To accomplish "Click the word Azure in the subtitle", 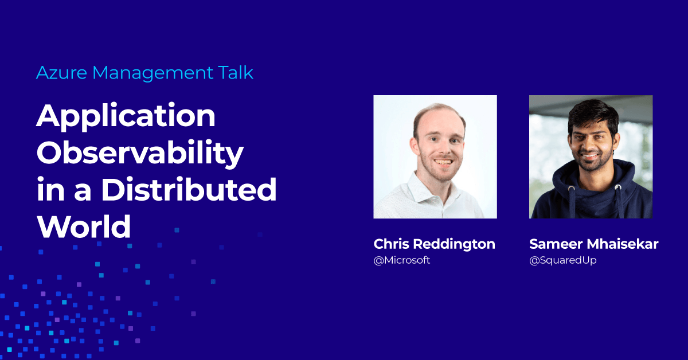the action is (x=61, y=73).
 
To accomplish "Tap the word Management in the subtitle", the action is (x=153, y=73).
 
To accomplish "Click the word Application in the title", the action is (x=126, y=117).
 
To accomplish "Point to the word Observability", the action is (x=140, y=154).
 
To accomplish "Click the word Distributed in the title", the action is (x=189, y=189).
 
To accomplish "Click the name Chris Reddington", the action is (x=435, y=244).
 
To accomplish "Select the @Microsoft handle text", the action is (x=402, y=260).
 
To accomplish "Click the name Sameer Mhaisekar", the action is (x=594, y=244).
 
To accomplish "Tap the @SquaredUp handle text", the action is (x=563, y=260).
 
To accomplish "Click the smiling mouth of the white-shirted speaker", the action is (x=443, y=162).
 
